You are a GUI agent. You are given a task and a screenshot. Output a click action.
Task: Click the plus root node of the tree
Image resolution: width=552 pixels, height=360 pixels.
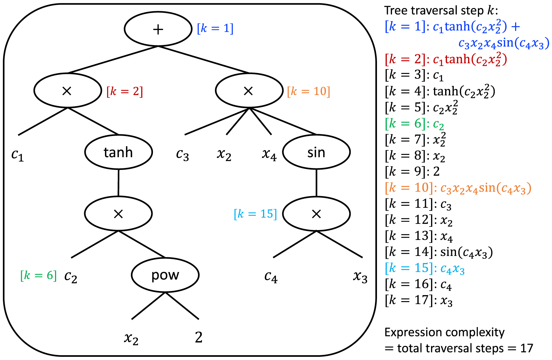tap(158, 29)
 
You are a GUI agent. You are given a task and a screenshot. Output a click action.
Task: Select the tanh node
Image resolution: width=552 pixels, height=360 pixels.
tap(118, 152)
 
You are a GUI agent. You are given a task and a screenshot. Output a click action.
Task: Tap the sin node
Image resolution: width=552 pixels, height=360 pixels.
tap(316, 152)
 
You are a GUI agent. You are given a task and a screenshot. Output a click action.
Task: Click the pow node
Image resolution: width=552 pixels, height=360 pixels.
tap(165, 275)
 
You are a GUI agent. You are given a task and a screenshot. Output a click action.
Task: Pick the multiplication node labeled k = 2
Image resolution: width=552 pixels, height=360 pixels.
tap(68, 91)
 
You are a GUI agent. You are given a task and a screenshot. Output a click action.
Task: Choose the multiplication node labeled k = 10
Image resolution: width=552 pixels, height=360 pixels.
tap(249, 91)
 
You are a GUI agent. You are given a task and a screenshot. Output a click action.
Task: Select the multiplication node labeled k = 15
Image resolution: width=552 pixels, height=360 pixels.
tap(316, 214)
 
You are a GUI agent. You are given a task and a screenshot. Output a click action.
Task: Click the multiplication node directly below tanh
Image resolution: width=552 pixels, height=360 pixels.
tap(118, 214)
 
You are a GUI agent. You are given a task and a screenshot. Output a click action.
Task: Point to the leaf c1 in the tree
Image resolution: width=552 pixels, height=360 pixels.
tap(18, 155)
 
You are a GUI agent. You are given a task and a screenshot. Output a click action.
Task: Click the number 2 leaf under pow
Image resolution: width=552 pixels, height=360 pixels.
tap(198, 337)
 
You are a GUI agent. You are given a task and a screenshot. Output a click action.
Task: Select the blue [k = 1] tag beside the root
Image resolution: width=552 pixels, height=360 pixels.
tap(215, 28)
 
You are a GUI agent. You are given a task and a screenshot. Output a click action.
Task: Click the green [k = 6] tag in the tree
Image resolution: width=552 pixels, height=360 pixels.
tap(38, 275)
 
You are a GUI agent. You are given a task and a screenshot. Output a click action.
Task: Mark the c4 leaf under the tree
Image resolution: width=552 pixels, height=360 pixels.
tap(271, 277)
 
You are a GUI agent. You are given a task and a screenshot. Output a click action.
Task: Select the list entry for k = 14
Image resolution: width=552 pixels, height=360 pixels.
tap(438, 252)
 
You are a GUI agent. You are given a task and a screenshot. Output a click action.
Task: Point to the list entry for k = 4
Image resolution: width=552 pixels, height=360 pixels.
tap(440, 92)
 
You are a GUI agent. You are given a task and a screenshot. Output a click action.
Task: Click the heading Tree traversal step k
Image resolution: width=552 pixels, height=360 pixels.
tap(441, 11)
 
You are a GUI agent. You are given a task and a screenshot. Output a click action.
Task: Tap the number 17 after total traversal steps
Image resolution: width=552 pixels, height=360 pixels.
tap(526, 348)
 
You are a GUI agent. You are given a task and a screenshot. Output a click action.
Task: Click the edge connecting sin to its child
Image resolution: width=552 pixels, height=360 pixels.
tap(316, 183)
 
